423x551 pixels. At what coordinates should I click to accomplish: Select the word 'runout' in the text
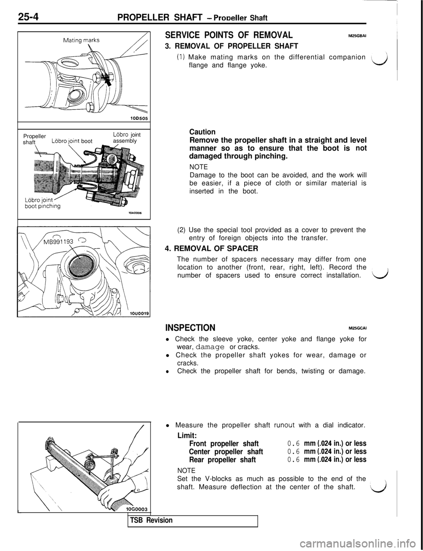coord(284,425)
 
